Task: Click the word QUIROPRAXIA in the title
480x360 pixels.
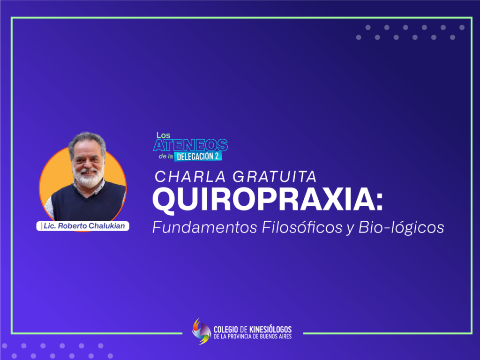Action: click(264, 200)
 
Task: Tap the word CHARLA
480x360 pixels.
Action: click(190, 177)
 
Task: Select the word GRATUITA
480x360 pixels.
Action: click(274, 177)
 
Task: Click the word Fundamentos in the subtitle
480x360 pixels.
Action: click(204, 227)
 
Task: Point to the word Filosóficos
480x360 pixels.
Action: click(302, 227)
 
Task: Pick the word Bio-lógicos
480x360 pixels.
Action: click(401, 227)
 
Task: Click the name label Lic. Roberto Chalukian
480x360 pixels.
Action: click(83, 226)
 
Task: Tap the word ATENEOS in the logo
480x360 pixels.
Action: click(190, 145)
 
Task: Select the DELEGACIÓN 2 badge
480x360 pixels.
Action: click(198, 157)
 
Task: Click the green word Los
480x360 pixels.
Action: click(163, 135)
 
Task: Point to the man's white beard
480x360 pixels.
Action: click(89, 179)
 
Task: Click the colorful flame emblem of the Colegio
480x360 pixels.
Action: click(201, 331)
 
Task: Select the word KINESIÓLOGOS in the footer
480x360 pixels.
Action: click(270, 330)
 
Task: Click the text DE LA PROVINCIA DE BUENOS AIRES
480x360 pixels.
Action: click(253, 337)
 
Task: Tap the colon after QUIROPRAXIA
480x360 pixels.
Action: click(380, 203)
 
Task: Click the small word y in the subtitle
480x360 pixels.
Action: click(350, 229)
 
